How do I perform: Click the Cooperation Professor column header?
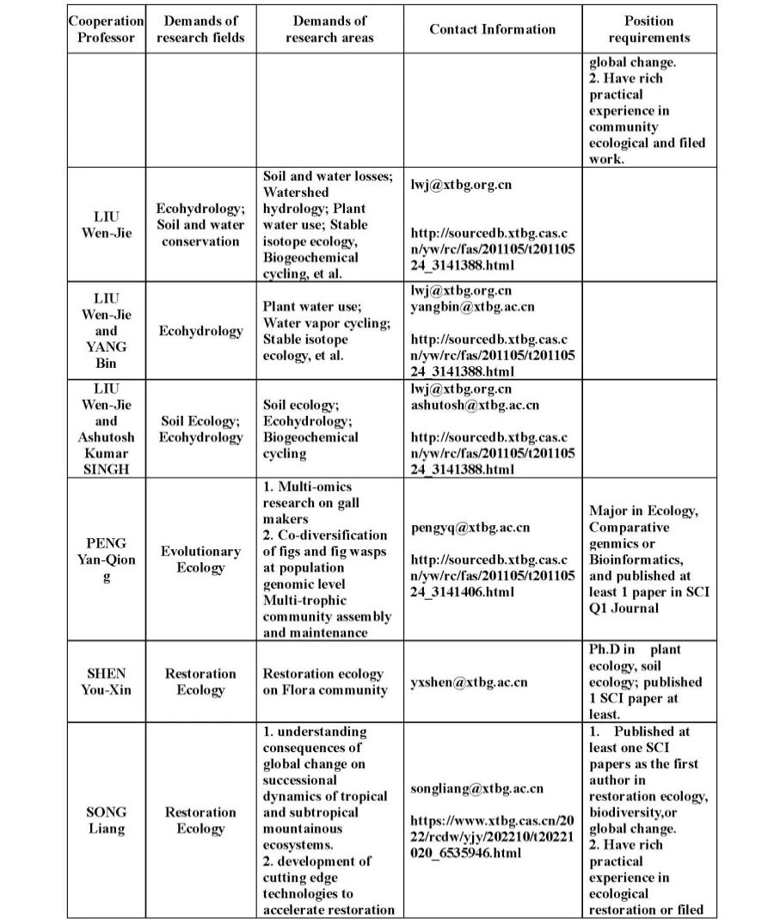(x=106, y=29)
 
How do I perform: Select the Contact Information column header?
(x=493, y=29)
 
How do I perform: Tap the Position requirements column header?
(x=649, y=29)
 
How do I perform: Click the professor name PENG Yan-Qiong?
(x=106, y=560)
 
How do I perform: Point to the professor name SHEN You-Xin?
(x=106, y=682)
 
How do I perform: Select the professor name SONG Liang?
(x=106, y=820)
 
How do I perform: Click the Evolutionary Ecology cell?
(x=200, y=560)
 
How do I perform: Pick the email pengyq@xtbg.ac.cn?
(x=470, y=528)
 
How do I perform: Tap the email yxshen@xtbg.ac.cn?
(x=469, y=682)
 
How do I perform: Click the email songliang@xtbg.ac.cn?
(x=476, y=787)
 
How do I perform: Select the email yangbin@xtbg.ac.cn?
(x=472, y=306)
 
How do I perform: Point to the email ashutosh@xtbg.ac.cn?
(x=475, y=405)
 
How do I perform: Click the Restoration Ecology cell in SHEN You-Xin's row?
(x=200, y=682)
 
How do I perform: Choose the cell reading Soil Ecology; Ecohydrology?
(x=200, y=429)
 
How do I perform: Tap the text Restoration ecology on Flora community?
(x=323, y=682)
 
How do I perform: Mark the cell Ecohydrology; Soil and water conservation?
(x=200, y=224)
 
